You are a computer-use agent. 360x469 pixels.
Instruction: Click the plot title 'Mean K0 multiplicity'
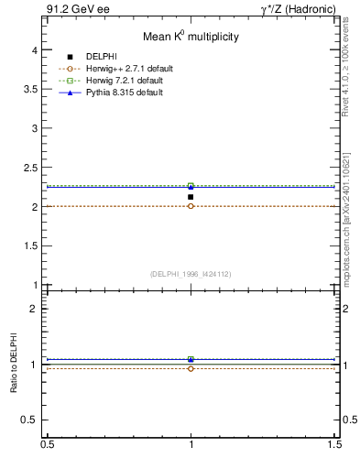(x=191, y=38)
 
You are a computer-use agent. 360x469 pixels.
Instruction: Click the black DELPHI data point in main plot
(x=191, y=197)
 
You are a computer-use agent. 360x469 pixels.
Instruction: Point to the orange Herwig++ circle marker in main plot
(x=191, y=206)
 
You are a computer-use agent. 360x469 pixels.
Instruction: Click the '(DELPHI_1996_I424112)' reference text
(x=191, y=273)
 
